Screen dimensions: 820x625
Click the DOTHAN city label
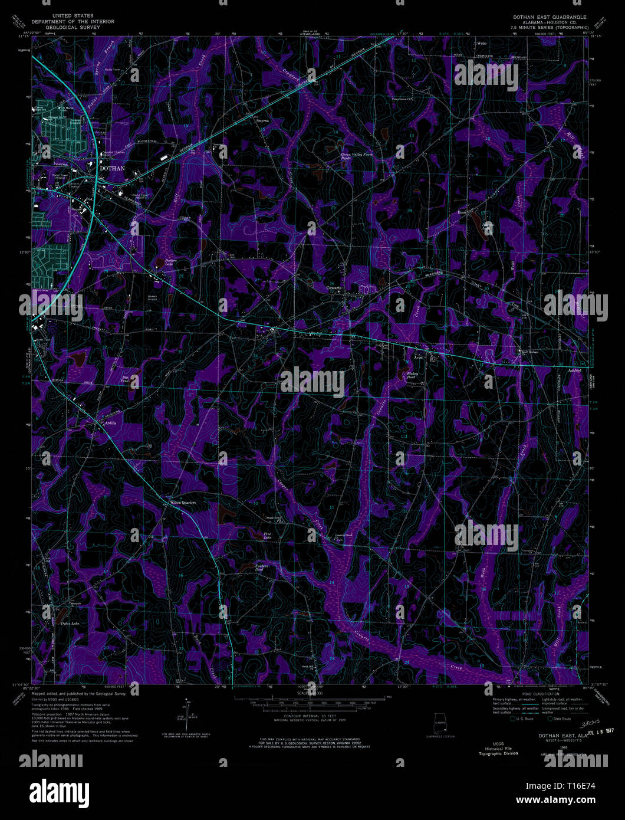point(112,168)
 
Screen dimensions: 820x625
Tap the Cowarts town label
point(335,288)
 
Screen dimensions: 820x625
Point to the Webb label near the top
point(482,43)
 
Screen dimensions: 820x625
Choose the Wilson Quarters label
point(183,502)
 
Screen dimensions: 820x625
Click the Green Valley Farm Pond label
point(357,156)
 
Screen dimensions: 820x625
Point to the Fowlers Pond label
point(262,568)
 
